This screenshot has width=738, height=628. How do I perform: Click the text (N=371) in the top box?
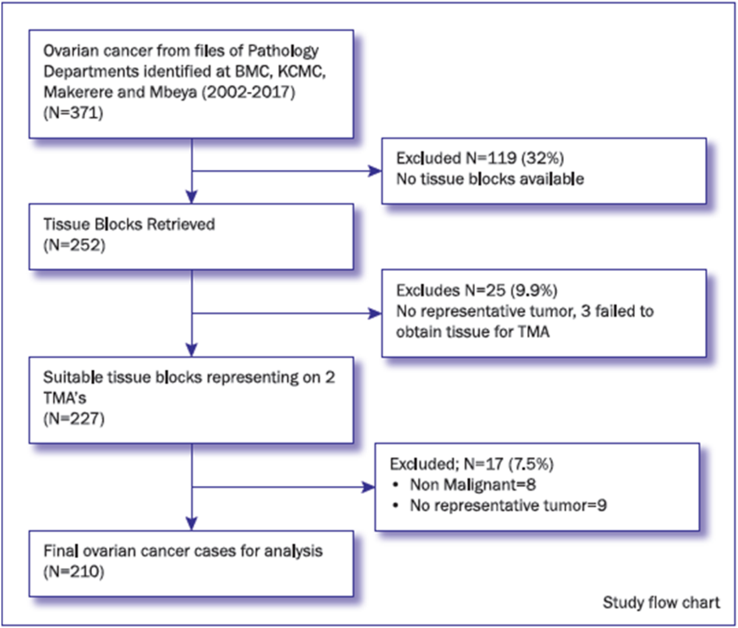pos(73,112)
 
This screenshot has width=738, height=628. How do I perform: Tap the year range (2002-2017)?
pos(248,92)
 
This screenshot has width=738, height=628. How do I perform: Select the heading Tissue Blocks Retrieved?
pos(129,224)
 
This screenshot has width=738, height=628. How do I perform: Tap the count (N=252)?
pos(74,245)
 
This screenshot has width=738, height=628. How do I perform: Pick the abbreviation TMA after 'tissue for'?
pos(533,332)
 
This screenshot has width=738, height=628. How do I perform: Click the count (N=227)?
pos(74,418)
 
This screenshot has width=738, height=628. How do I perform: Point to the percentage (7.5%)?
pos(531,464)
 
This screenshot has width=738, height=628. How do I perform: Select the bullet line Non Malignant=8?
pos(473,485)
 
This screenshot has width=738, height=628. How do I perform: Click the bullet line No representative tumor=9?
pos(508,506)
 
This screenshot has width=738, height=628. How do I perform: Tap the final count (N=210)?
pos(74,571)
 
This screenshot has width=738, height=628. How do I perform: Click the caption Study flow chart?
pos(661,602)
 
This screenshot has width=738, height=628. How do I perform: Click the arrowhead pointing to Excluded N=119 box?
pos(375,171)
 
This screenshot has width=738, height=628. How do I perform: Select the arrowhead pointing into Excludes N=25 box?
pos(375,313)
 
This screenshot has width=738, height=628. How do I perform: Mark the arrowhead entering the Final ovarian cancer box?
pos(192,523)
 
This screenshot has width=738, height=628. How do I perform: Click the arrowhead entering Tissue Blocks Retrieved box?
pos(192,196)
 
